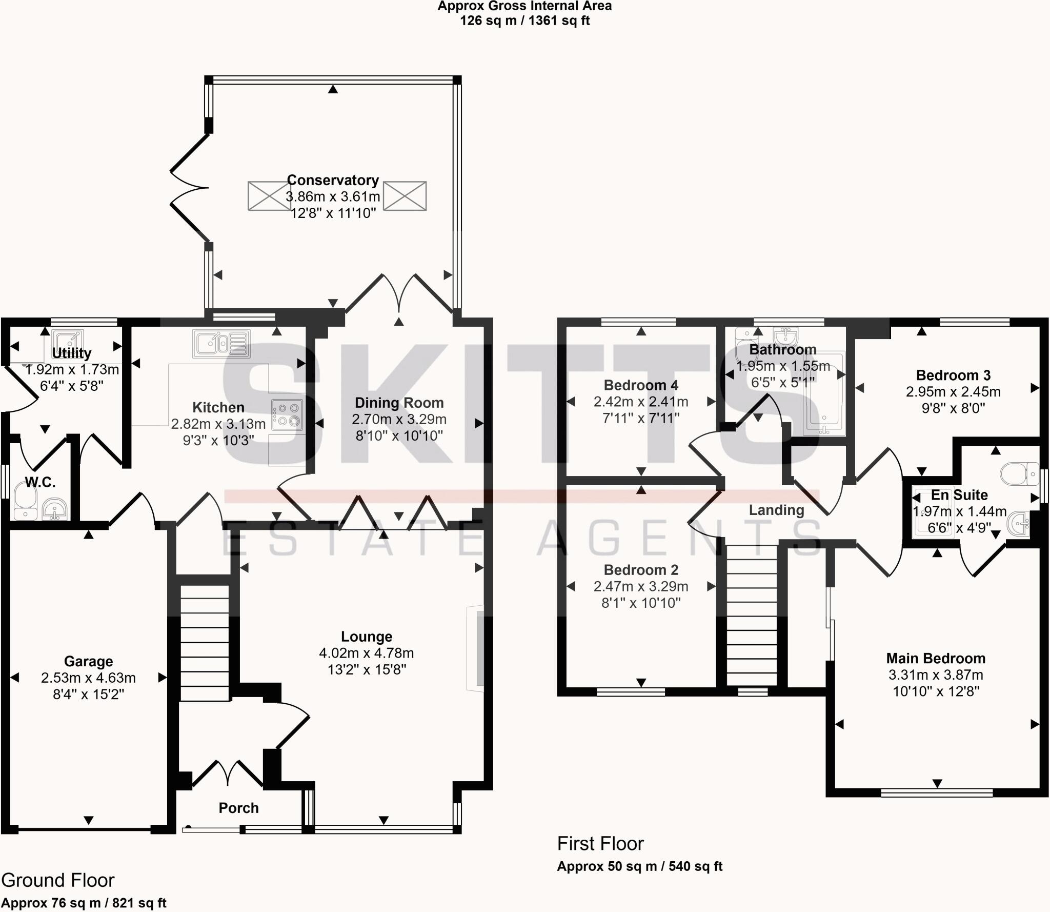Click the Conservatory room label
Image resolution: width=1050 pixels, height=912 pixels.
point(333,181)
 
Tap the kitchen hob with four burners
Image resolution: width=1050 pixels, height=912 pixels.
point(287,415)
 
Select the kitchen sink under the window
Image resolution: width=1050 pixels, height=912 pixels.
point(221,343)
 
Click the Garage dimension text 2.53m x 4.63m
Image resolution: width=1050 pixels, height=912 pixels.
point(88,678)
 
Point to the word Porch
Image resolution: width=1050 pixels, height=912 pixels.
point(238,808)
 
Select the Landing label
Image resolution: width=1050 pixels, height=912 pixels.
point(776,510)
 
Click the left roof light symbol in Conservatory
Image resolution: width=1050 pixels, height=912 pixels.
point(269,195)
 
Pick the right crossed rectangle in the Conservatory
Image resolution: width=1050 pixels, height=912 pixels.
point(405,195)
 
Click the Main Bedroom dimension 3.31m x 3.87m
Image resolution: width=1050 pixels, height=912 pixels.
point(936,675)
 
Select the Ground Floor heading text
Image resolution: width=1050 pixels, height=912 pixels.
point(58,880)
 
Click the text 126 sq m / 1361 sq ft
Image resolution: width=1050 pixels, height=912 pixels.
point(524,21)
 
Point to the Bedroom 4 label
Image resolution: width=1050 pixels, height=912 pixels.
point(641,385)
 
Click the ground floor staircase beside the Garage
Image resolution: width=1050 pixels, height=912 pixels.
point(205,643)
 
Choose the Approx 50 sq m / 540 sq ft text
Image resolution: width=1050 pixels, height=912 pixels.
point(639,866)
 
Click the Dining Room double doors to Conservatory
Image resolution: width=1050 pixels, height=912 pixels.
point(399,295)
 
